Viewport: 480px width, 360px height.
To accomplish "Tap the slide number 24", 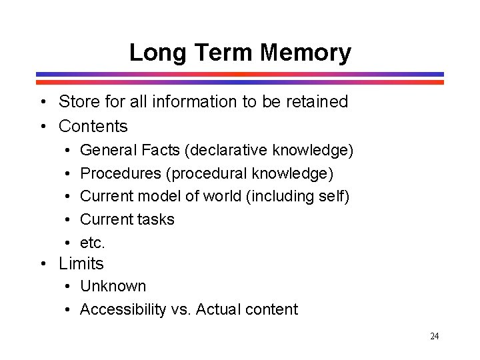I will (434, 336).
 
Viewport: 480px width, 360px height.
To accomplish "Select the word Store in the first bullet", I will (78, 102).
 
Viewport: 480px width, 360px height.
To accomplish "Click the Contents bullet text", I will (93, 126).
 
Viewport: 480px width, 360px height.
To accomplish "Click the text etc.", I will (93, 243).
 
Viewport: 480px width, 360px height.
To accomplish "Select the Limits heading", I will (81, 264).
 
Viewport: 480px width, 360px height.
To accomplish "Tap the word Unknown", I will (113, 286).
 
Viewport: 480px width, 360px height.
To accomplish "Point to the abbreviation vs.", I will (185, 309).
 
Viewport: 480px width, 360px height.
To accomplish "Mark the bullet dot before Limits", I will (42, 264).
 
